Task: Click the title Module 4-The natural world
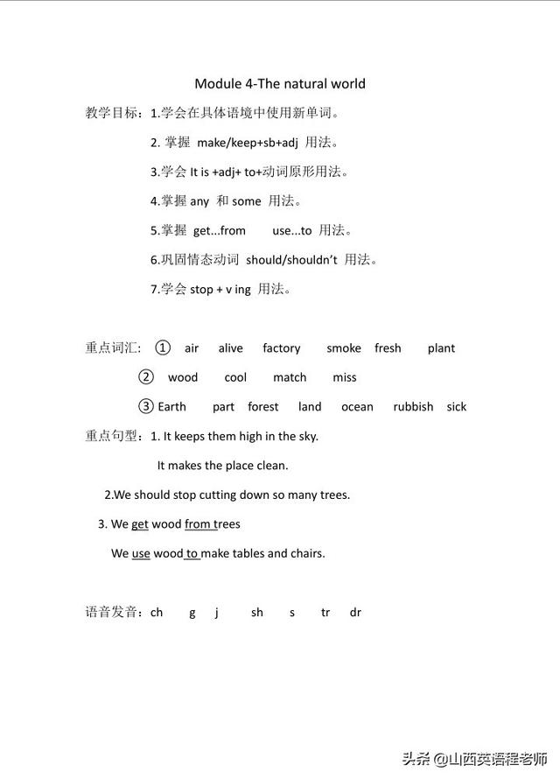(x=279, y=84)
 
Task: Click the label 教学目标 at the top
(x=111, y=113)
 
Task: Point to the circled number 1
(x=162, y=347)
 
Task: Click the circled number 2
(x=146, y=377)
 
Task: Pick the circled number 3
(x=146, y=406)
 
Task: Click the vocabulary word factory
(x=281, y=348)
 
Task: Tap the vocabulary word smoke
(x=344, y=348)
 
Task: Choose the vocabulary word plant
(x=441, y=348)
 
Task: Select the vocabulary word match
(x=290, y=378)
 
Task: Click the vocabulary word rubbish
(x=413, y=407)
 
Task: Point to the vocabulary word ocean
(x=357, y=407)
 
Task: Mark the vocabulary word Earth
(x=172, y=407)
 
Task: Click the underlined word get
(x=140, y=524)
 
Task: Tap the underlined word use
(x=141, y=553)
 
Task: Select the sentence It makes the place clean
(x=222, y=466)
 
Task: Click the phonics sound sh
(x=257, y=613)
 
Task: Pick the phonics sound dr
(x=355, y=613)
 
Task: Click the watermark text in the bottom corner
(x=479, y=758)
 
